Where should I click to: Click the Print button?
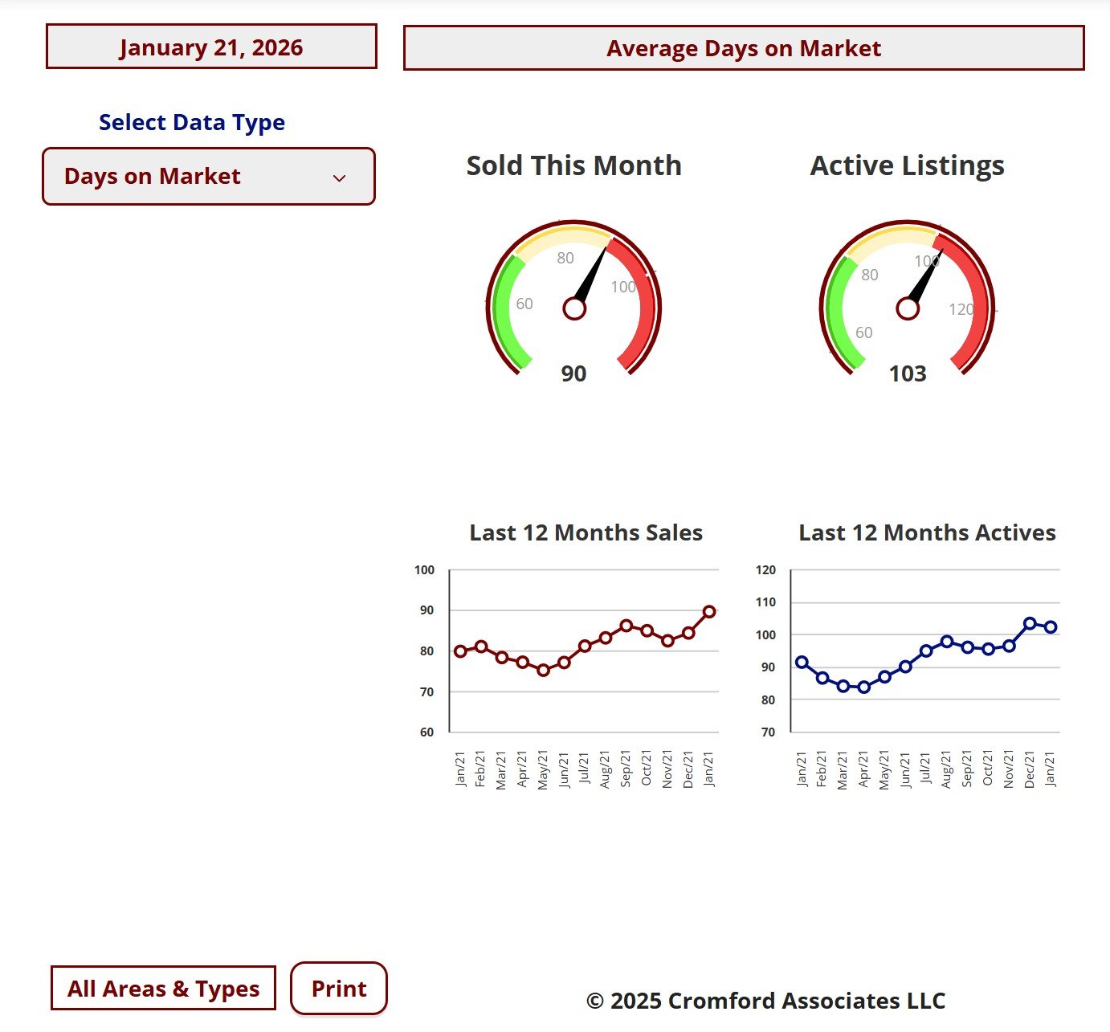[338, 988]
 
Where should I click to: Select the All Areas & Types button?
[163, 988]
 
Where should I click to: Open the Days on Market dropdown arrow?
[339, 177]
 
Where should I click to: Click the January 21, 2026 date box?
[211, 47]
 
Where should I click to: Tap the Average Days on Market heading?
[743, 48]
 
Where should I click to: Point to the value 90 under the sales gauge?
[573, 373]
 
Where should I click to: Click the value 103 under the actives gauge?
[908, 373]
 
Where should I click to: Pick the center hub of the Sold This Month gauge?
[574, 308]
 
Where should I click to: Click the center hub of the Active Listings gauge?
[908, 308]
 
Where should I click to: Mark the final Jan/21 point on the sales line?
[709, 612]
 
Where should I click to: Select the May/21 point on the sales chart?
[543, 670]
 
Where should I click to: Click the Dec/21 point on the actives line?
[1030, 623]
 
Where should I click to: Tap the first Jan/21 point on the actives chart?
[802, 663]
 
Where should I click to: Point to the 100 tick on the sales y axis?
[424, 570]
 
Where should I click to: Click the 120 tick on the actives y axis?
[765, 570]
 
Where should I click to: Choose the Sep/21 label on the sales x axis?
[626, 769]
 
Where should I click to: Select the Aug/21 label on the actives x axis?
[946, 769]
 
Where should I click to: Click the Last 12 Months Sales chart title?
[586, 532]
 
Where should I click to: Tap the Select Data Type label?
[192, 122]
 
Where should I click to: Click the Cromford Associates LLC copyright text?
[765, 1001]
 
